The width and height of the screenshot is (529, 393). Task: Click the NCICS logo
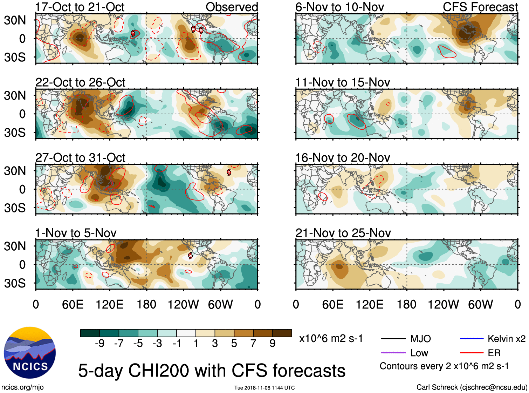tap(29, 353)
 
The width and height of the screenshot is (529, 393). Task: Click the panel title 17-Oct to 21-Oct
tap(80, 7)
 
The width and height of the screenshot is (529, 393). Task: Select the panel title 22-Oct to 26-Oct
tap(80, 82)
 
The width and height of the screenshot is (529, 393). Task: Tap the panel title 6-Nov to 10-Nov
tap(339, 7)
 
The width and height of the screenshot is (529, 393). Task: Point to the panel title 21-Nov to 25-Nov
tap(343, 233)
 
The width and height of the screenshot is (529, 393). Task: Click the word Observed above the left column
tap(232, 7)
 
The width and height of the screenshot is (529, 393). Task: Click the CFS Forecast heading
tap(480, 7)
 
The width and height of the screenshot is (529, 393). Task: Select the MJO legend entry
tap(420, 339)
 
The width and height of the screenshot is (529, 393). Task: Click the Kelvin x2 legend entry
tap(506, 339)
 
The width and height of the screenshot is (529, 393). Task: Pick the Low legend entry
tap(419, 353)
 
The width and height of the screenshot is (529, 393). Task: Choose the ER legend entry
tap(494, 353)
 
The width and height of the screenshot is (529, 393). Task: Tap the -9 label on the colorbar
tap(99, 344)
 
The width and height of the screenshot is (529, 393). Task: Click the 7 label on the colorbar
tap(253, 344)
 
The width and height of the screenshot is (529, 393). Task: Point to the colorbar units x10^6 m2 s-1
tap(331, 339)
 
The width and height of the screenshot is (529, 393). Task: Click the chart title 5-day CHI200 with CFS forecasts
tap(212, 371)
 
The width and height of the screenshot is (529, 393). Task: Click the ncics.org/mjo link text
tap(22, 387)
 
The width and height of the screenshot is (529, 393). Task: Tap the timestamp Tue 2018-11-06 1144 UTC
tap(264, 388)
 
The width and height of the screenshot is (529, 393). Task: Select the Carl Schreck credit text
tap(472, 387)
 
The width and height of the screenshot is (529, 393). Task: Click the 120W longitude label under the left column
tap(183, 304)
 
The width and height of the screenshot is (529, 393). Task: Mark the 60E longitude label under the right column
tap(332, 304)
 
